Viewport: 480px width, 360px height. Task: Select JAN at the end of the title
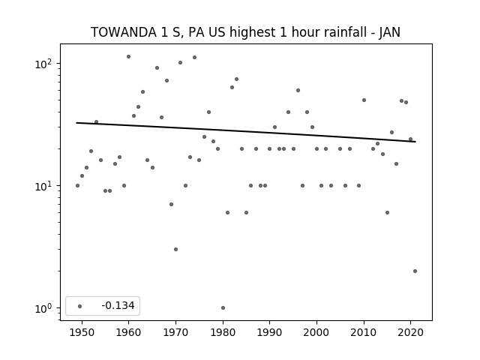[x=390, y=32]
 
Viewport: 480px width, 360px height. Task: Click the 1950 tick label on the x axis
[x=82, y=332]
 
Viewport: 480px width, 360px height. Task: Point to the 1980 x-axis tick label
[x=223, y=332]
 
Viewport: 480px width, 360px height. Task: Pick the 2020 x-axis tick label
[x=410, y=332]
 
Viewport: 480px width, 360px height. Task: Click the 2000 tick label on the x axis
[x=316, y=332]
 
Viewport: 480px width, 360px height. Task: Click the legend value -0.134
[x=118, y=305]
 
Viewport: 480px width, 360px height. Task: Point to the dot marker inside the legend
[x=80, y=306]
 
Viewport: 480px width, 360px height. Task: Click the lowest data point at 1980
[x=223, y=308]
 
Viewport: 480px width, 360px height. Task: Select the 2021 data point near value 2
[x=415, y=271]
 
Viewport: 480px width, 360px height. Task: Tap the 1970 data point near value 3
[x=175, y=250]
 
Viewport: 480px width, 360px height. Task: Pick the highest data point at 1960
[x=128, y=57]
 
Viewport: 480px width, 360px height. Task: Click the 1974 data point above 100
[x=194, y=58]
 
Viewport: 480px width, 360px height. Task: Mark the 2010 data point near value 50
[x=364, y=100]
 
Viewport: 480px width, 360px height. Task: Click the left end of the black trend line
[x=76, y=123]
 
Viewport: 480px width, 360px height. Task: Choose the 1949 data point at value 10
[x=77, y=186]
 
